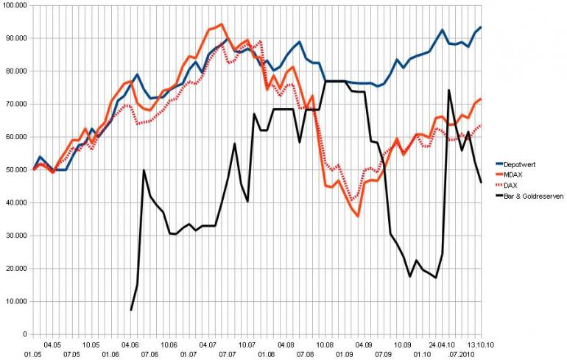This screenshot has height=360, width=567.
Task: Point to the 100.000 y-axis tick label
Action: click(15, 5)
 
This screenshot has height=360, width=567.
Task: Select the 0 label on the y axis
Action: click(24, 334)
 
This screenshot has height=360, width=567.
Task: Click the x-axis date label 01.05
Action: click(32, 355)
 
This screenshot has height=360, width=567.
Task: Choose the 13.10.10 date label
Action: click(479, 345)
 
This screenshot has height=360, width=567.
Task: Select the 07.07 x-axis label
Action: click(227, 355)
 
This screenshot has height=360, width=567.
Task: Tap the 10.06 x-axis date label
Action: click(169, 345)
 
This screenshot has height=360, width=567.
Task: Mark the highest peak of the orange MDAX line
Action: click(222, 24)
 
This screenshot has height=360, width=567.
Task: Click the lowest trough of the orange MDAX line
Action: click(358, 216)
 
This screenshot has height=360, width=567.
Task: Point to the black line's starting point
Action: click(131, 310)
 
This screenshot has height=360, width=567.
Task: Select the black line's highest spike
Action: click(449, 91)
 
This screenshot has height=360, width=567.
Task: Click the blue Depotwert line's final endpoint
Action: click(481, 27)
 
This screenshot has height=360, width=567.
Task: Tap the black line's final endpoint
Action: click(481, 183)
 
